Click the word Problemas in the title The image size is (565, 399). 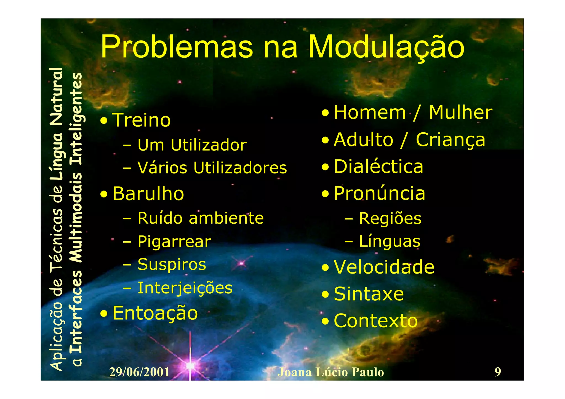pyautogui.click(x=177, y=47)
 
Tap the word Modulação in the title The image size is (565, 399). pyautogui.click(x=386, y=47)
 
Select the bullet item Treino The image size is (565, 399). pyautogui.click(x=142, y=120)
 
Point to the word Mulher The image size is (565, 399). pyautogui.click(x=460, y=113)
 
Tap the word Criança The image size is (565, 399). pyautogui.click(x=450, y=140)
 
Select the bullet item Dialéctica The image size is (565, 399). pyautogui.click(x=378, y=167)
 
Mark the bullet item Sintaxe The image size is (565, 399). pyautogui.click(x=369, y=294)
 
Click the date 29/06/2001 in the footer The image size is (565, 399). pyautogui.click(x=139, y=372)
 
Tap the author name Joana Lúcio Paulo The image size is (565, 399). pyautogui.click(x=331, y=372)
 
